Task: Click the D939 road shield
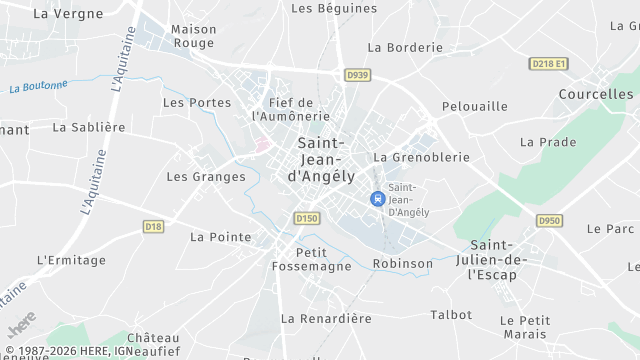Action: point(357,75)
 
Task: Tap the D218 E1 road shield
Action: point(548,64)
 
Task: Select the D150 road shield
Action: point(306,217)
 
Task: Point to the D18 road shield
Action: point(153,227)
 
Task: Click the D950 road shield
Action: point(549,221)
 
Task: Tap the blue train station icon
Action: point(377,199)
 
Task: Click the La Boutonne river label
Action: point(37,88)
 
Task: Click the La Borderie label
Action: point(405,47)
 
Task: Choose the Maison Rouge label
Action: point(193,36)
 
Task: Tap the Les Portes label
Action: point(196,102)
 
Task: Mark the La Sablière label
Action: point(89,127)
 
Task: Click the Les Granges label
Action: point(206,177)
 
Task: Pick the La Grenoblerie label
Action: point(421,157)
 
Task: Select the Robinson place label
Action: point(403,264)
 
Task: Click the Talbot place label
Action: point(451,314)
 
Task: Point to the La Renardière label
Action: point(326,318)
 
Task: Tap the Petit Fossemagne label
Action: point(312,259)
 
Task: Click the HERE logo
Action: point(20,326)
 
